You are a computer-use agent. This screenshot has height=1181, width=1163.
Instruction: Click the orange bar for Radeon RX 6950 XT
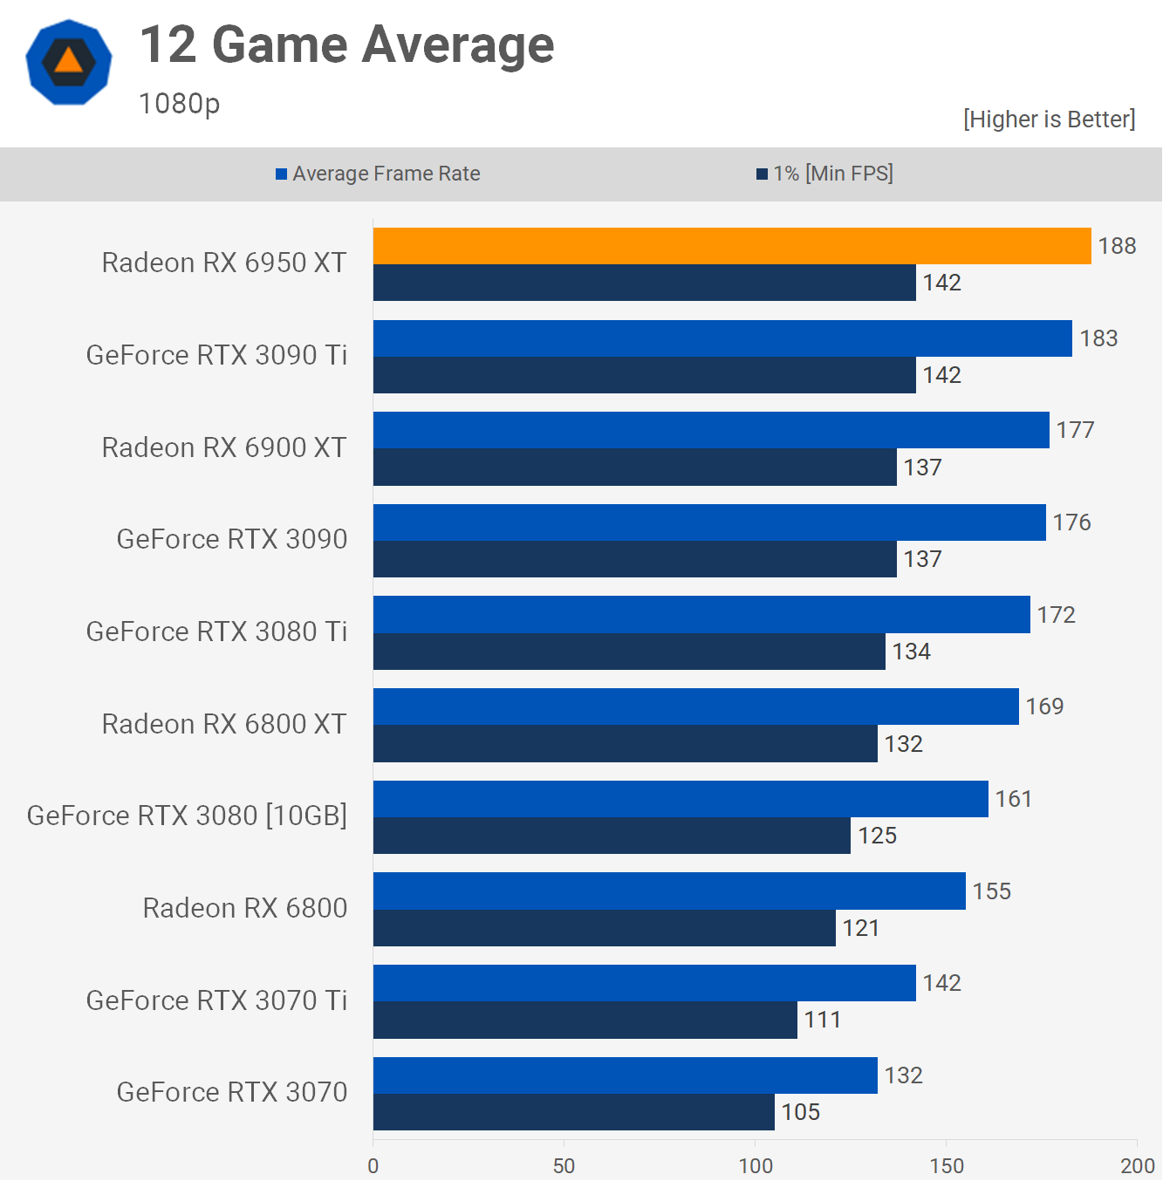[731, 246]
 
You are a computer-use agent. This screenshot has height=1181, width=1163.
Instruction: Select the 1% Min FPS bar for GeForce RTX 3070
[573, 1112]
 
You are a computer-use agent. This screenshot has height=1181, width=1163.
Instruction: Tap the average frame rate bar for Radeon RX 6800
[669, 891]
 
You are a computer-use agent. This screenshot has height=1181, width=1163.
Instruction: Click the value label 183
[1098, 338]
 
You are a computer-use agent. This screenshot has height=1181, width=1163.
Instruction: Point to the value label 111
[822, 1020]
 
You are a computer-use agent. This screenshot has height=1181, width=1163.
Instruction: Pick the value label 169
[1044, 707]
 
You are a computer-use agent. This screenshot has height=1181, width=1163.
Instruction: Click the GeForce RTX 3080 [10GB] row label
[187, 816]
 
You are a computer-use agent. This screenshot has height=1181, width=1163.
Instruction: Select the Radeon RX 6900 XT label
[224, 447]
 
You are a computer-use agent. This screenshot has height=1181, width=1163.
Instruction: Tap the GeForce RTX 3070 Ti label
[216, 1000]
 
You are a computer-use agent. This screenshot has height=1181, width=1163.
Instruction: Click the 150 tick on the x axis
[947, 1166]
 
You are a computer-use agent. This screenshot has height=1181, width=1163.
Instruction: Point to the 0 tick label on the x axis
[373, 1166]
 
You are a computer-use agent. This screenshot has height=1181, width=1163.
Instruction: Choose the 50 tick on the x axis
[564, 1166]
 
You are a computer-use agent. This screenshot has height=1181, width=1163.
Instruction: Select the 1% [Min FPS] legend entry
[824, 174]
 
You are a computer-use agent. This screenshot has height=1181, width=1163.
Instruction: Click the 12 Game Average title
[346, 45]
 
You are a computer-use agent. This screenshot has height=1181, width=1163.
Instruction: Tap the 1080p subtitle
[179, 104]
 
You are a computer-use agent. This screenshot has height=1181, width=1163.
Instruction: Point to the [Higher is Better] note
[1049, 119]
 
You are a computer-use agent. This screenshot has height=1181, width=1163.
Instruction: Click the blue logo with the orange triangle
[69, 62]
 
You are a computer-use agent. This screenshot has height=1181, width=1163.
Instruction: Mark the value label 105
[800, 1112]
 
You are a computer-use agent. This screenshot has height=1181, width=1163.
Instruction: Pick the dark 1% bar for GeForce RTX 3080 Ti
[628, 652]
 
